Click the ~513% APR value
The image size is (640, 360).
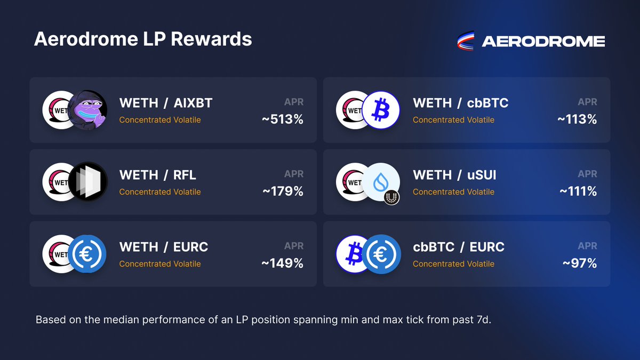[x=283, y=119]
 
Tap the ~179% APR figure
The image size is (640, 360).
[x=283, y=191]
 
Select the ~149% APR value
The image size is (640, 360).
[x=283, y=263]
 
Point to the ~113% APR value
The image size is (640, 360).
[x=577, y=119]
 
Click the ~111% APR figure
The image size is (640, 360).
[x=578, y=191]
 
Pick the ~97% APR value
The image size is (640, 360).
[x=580, y=263]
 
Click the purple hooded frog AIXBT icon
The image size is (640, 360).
[x=87, y=110]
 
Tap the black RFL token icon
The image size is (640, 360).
[x=87, y=182]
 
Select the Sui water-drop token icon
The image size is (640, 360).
[x=381, y=182]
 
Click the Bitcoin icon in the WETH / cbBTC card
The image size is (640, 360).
[x=381, y=110]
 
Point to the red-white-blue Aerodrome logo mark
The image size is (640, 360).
[x=466, y=41]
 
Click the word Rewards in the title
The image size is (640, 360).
[x=211, y=39]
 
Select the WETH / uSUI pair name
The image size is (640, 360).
[x=454, y=175]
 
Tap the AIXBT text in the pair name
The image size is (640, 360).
[x=193, y=103]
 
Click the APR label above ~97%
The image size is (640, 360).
[x=587, y=246]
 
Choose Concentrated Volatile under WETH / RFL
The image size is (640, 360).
[x=160, y=191]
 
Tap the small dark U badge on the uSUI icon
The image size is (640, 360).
[x=391, y=197]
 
